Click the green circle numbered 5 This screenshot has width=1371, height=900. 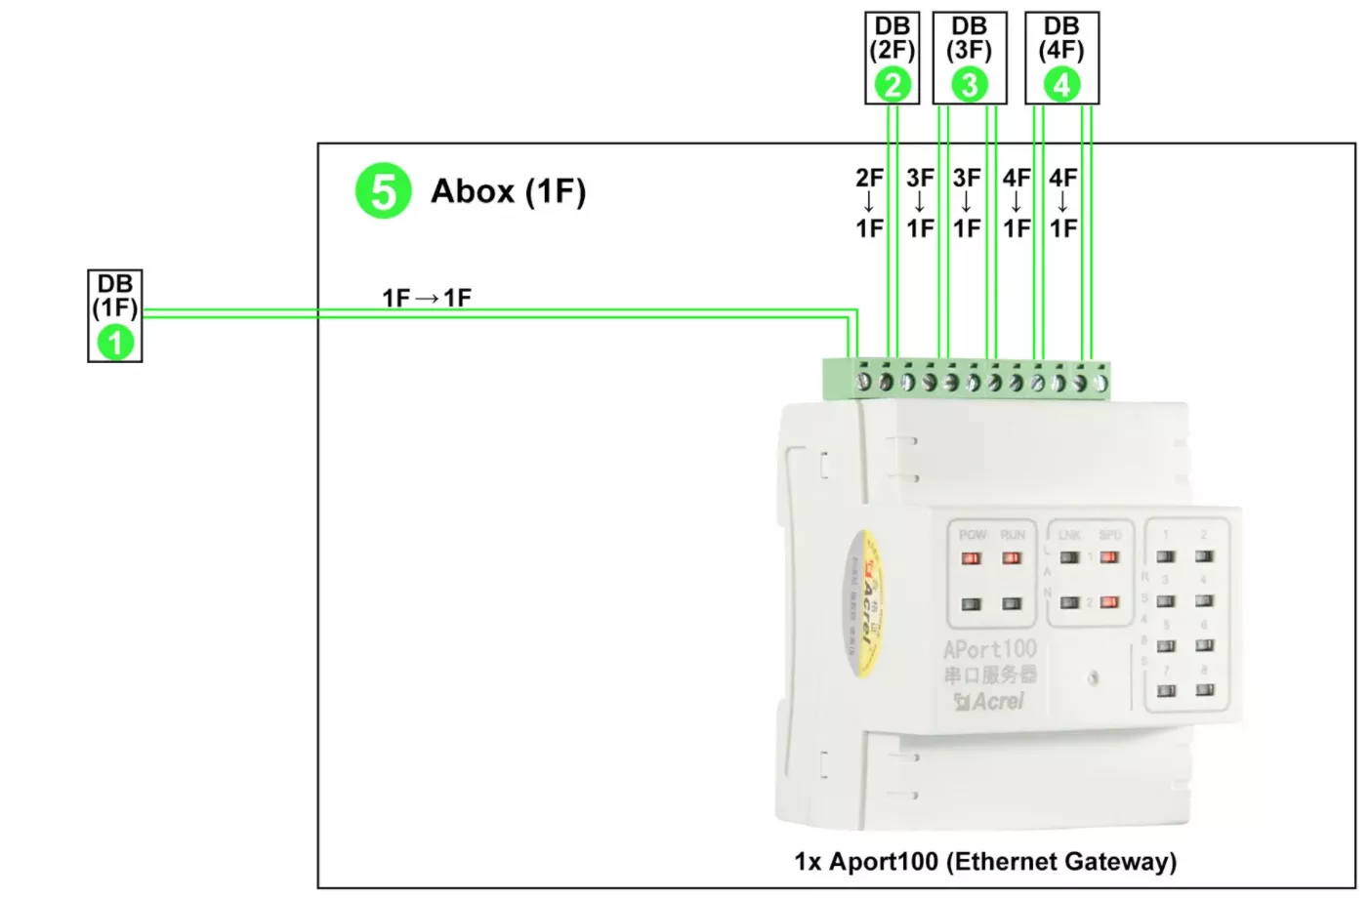coord(383,190)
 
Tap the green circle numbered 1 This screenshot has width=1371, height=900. coord(115,342)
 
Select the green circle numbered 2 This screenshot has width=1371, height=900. coord(893,85)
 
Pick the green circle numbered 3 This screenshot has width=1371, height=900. coord(969,85)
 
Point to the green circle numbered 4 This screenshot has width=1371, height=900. coord(1061,85)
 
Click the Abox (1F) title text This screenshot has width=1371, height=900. coord(508,191)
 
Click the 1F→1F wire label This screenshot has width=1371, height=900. coord(427,298)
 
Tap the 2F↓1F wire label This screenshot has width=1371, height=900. coord(869,203)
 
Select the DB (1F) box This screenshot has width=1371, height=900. coord(115,315)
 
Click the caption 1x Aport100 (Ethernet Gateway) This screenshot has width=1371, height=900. coord(985,861)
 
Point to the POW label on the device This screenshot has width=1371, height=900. coord(972,535)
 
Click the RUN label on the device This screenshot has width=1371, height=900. coord(1013,535)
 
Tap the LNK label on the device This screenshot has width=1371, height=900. coord(1069,535)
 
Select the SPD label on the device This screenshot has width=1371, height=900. coord(1110,535)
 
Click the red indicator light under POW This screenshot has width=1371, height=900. coord(971,558)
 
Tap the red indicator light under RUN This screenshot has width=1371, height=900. coord(1012,558)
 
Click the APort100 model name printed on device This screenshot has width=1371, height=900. coord(989,649)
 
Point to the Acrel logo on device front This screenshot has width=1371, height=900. coord(990,701)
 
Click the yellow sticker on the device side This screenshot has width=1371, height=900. coord(859,603)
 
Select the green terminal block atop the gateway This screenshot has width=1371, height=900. coord(966,380)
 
